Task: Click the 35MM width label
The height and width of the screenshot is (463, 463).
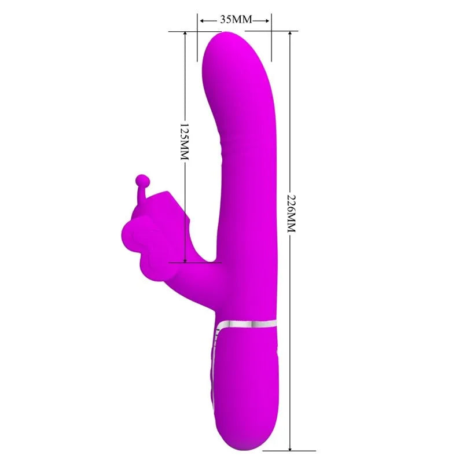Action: pos(235,20)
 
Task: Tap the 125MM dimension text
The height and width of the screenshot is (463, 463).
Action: pos(185,142)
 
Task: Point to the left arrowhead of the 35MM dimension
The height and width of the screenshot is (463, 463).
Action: pos(202,20)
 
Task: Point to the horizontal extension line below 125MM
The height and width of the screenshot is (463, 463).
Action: pos(194,262)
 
